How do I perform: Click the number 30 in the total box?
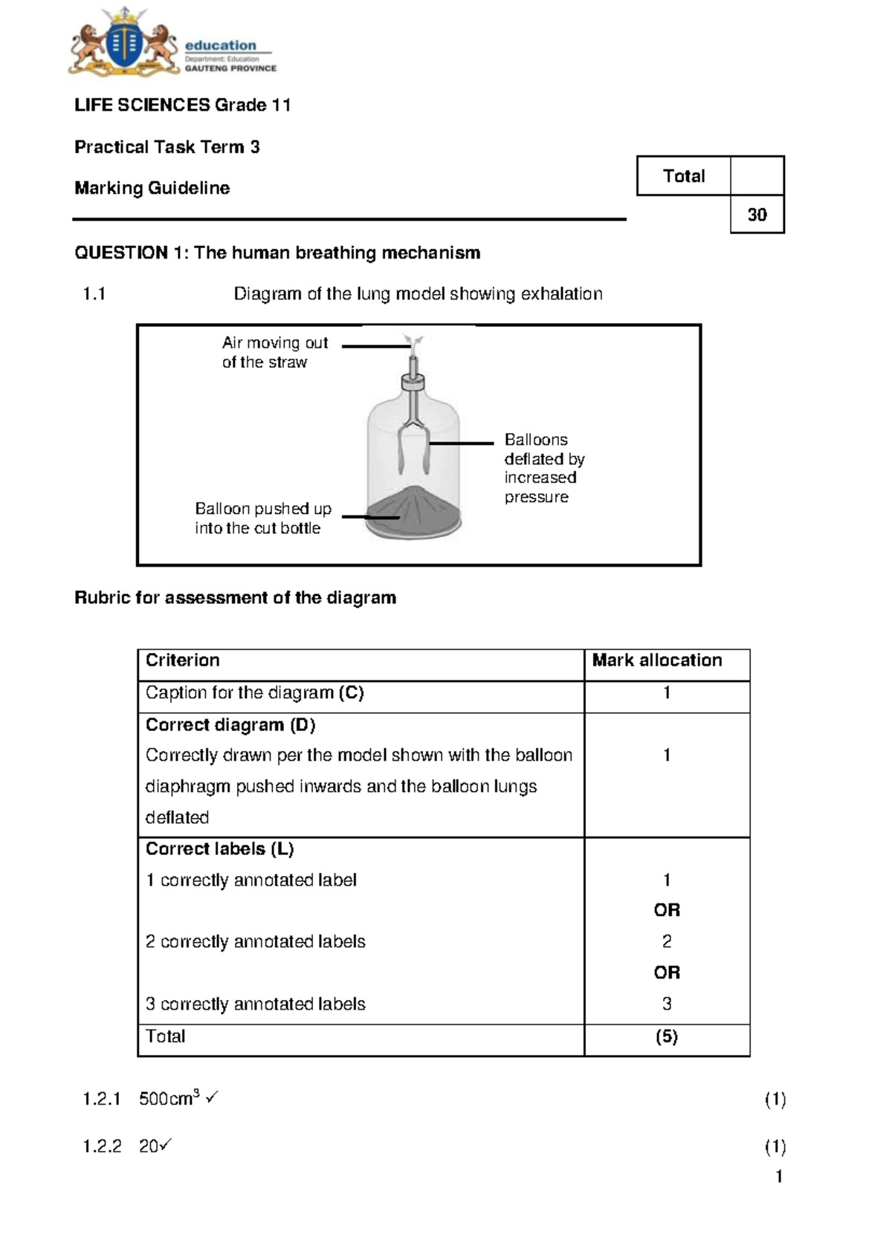click(x=757, y=215)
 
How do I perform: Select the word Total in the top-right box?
click(x=684, y=176)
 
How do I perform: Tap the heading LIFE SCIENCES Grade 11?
click(x=182, y=105)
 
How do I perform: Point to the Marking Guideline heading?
click(x=152, y=188)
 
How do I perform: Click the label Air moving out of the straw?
click(x=274, y=352)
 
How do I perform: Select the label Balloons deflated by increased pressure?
click(x=543, y=468)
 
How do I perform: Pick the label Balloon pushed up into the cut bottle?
click(x=262, y=518)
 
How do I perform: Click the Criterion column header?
click(x=183, y=660)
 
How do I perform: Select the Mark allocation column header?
click(x=656, y=660)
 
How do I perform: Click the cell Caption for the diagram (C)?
click(x=254, y=692)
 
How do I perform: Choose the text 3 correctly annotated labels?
click(x=255, y=1004)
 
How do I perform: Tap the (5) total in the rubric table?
click(x=666, y=1036)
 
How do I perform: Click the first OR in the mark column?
click(x=667, y=910)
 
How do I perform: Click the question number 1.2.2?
click(x=102, y=1146)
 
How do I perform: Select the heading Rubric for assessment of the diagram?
click(x=235, y=597)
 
